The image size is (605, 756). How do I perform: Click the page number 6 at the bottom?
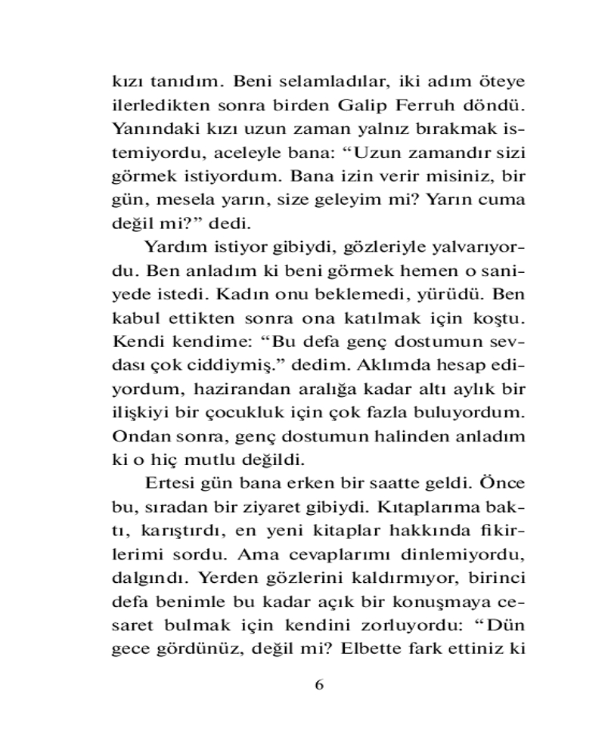[318, 684]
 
